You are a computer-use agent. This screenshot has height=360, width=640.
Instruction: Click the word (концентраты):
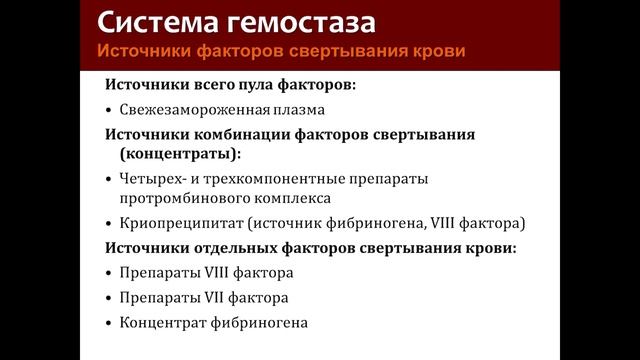click(180, 154)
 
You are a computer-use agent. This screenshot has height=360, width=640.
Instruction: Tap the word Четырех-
click(155, 178)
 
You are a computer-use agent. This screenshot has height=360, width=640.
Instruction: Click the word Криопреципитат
click(176, 223)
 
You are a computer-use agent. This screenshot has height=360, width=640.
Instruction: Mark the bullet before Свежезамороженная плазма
click(107, 110)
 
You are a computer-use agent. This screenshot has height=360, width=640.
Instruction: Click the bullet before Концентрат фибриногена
click(107, 323)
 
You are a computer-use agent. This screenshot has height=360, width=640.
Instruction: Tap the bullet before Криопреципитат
click(107, 224)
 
